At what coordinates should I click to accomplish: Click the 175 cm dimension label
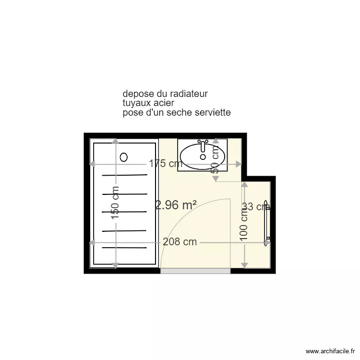tap(165, 164)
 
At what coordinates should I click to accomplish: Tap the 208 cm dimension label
tap(180, 242)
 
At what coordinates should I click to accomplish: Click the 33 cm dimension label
tap(256, 207)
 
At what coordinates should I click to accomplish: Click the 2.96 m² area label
tap(176, 205)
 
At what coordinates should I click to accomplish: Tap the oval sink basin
tap(203, 154)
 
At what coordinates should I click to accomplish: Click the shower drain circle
tap(124, 156)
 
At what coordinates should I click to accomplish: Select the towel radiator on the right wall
tap(267, 224)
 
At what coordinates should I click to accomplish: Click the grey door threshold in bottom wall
tap(195, 271)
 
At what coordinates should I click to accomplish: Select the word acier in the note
tap(164, 103)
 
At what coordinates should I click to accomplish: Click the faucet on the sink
tap(203, 143)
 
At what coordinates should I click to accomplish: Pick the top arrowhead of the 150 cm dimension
tap(115, 141)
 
